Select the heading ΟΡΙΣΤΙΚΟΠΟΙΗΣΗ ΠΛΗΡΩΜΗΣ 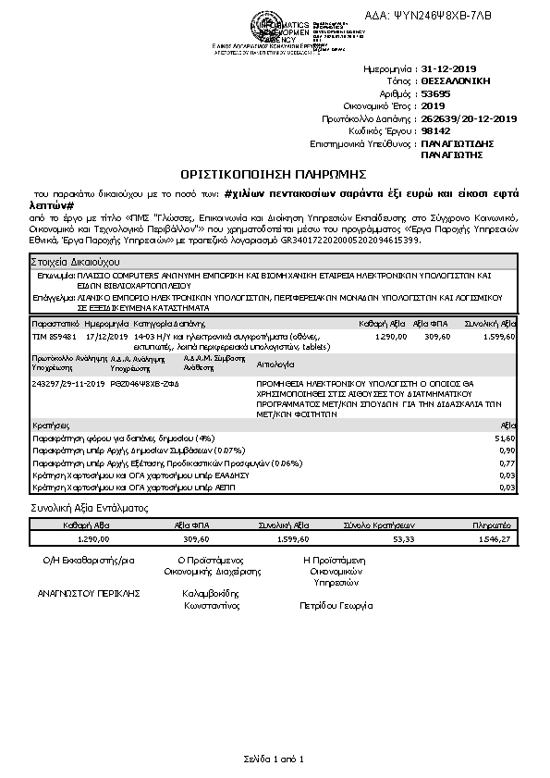(x=274, y=173)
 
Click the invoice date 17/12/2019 (x=104, y=338)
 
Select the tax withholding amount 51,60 (x=505, y=437)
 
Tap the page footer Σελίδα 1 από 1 (x=275, y=759)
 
